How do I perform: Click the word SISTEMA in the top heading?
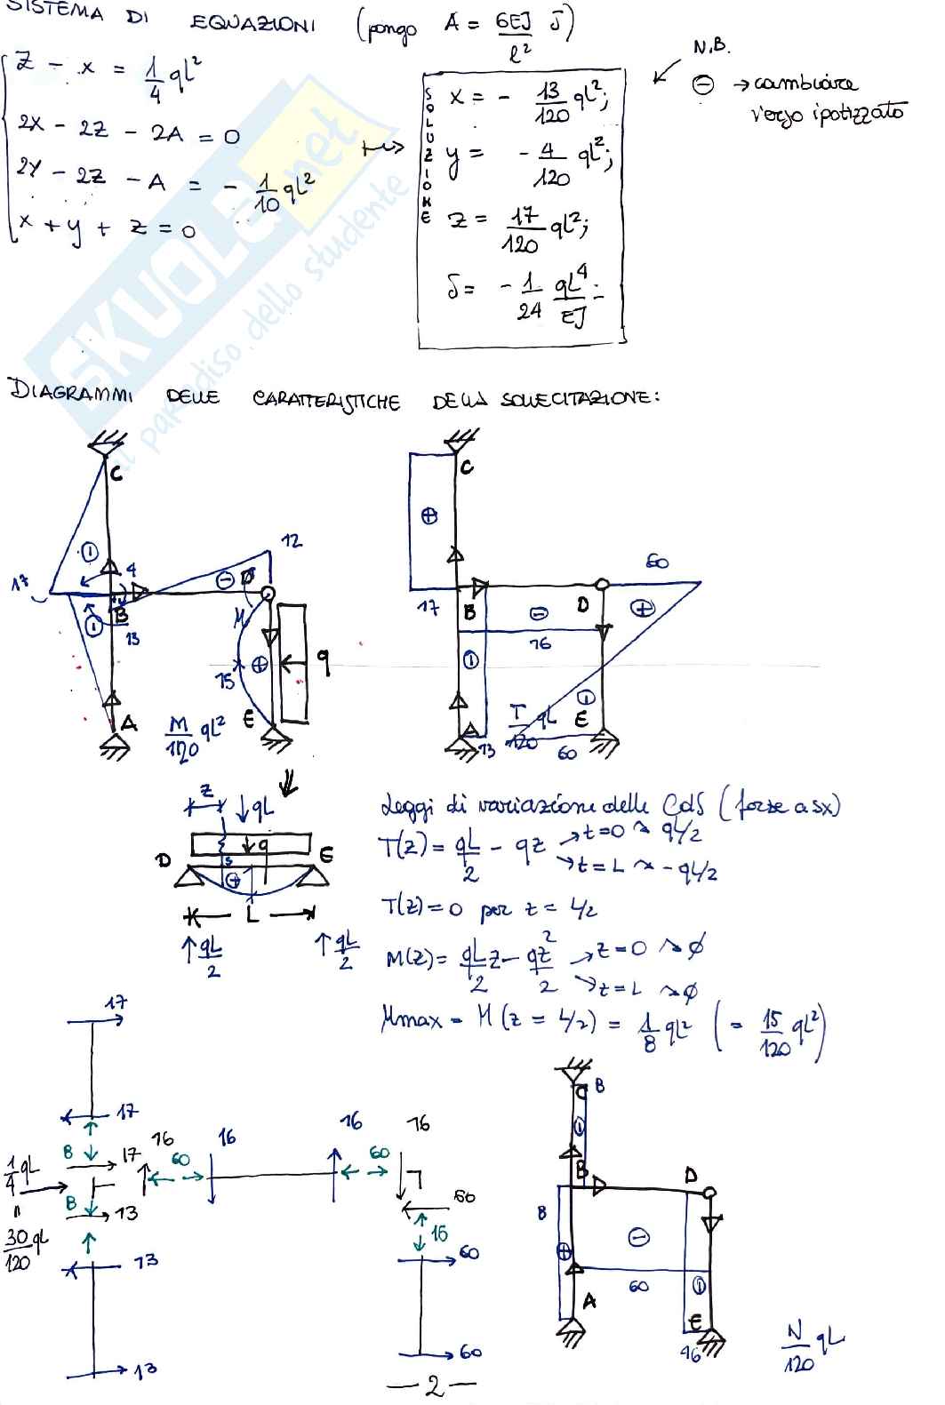pyautogui.click(x=54, y=12)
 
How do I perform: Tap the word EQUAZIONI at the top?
pyautogui.click(x=252, y=23)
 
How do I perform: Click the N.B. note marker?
pyautogui.click(x=710, y=47)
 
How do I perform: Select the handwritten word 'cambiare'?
pyautogui.click(x=805, y=84)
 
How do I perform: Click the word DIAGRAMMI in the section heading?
pyautogui.click(x=70, y=392)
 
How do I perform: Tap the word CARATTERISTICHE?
pyautogui.click(x=325, y=400)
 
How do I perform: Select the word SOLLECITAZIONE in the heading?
pyautogui.click(x=580, y=399)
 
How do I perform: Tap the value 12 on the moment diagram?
pyautogui.click(x=291, y=540)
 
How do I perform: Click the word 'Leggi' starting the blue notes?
pyautogui.click(x=404, y=807)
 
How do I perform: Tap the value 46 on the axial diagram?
pyautogui.click(x=691, y=1353)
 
